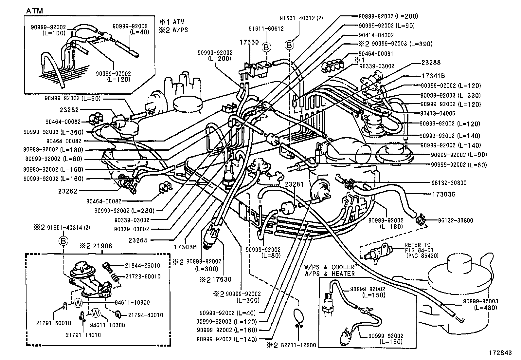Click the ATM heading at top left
click(34, 11)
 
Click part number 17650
click(249, 42)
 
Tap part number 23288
click(431, 62)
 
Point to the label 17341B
click(433, 76)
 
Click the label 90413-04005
click(438, 113)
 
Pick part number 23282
click(69, 110)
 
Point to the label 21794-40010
click(145, 315)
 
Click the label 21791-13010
click(83, 335)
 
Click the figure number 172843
click(500, 353)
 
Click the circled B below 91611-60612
click(266, 47)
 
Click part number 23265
click(138, 240)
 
